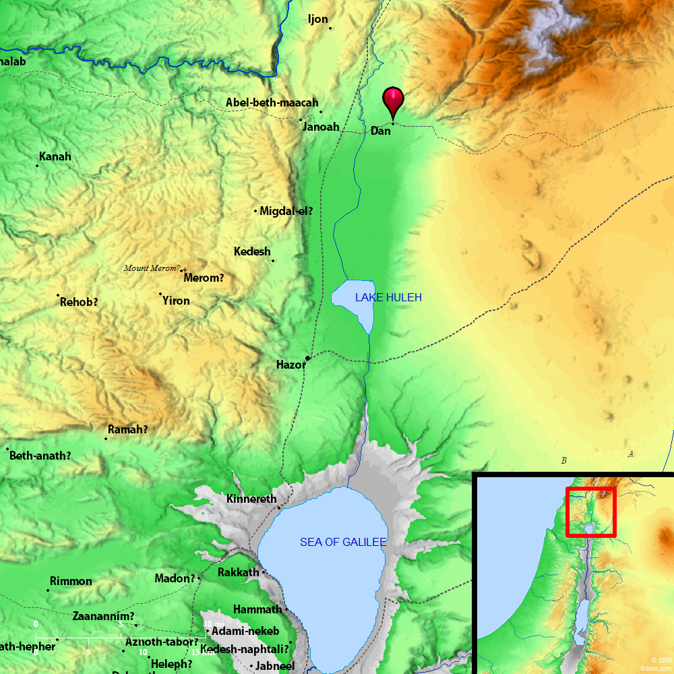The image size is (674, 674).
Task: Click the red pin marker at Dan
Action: [394, 102]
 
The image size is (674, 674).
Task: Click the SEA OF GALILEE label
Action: [343, 542]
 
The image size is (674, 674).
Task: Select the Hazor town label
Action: [290, 365]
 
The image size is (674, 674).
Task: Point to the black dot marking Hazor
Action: [307, 358]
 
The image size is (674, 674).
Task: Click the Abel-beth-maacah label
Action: [272, 102]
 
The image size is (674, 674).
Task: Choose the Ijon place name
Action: [317, 19]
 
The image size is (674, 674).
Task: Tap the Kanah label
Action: [55, 156]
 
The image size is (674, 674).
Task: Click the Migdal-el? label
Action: [286, 210]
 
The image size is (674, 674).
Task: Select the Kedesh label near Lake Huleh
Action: [252, 251]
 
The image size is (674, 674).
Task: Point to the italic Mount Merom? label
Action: [152, 268]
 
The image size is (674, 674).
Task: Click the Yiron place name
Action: [176, 301]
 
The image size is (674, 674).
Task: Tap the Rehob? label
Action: [79, 302]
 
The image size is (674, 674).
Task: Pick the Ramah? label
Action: [127, 429]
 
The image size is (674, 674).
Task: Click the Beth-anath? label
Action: [40, 456]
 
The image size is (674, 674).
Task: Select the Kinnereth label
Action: [251, 499]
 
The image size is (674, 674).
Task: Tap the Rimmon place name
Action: [71, 581]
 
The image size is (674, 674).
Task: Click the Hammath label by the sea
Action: [257, 609]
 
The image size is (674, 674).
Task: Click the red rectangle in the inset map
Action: [590, 512]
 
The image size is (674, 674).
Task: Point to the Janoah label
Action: [321, 127]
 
